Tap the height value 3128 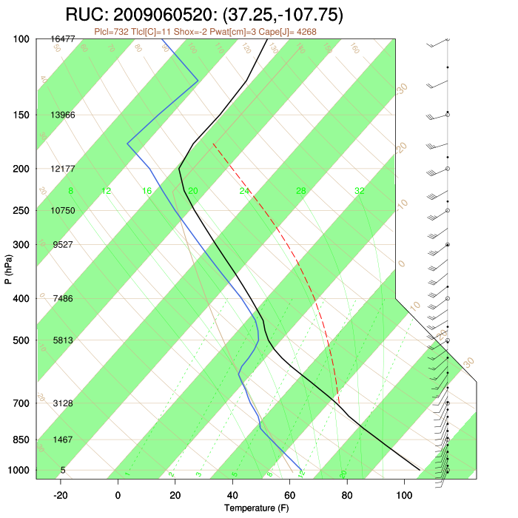63,403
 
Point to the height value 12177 63,169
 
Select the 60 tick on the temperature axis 289,494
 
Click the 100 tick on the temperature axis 404,494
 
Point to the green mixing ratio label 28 301,191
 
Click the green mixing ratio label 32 359,191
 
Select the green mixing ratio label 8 71,191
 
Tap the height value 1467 63,440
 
